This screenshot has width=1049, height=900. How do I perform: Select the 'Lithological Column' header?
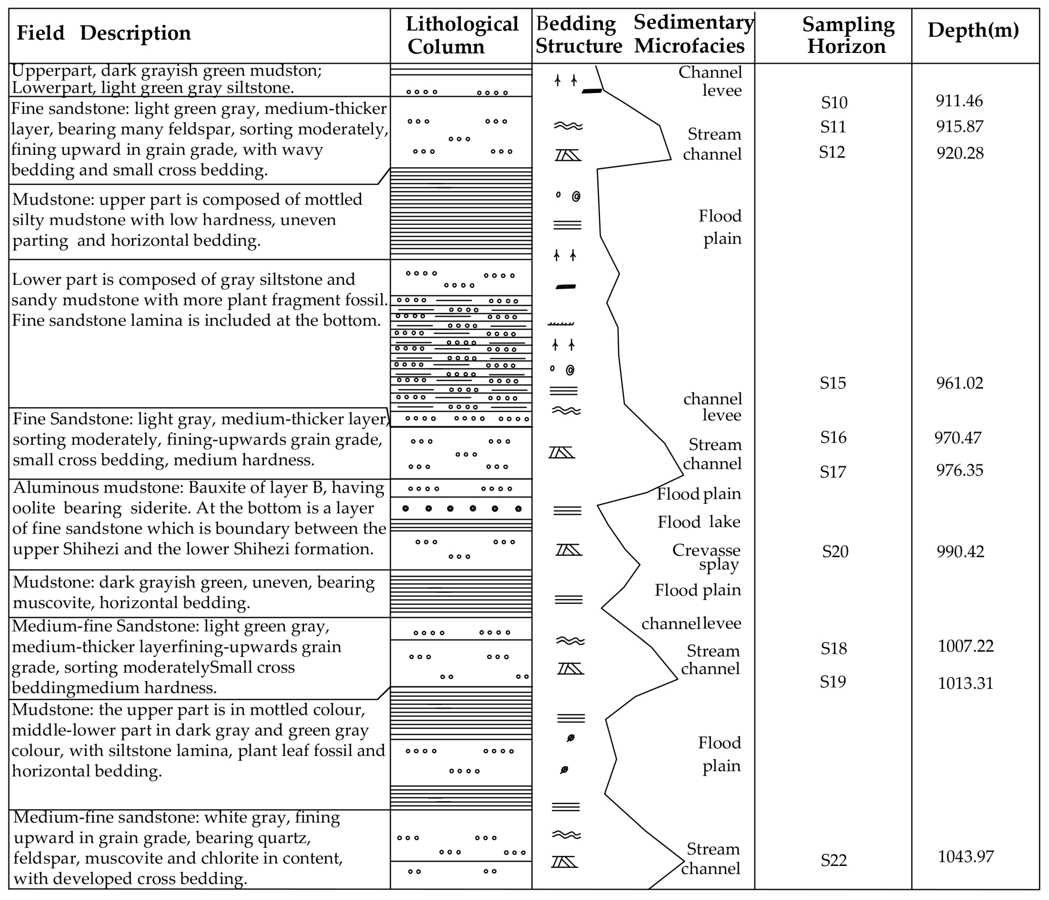click(x=462, y=35)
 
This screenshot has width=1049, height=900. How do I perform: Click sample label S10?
click(x=834, y=103)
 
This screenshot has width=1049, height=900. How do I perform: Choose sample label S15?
click(x=833, y=383)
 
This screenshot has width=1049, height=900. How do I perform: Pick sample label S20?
click(x=835, y=551)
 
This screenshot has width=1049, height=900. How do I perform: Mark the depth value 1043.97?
click(x=965, y=856)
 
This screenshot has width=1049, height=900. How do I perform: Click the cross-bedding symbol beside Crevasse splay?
click(x=569, y=550)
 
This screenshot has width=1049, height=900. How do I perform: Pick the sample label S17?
click(x=833, y=472)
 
